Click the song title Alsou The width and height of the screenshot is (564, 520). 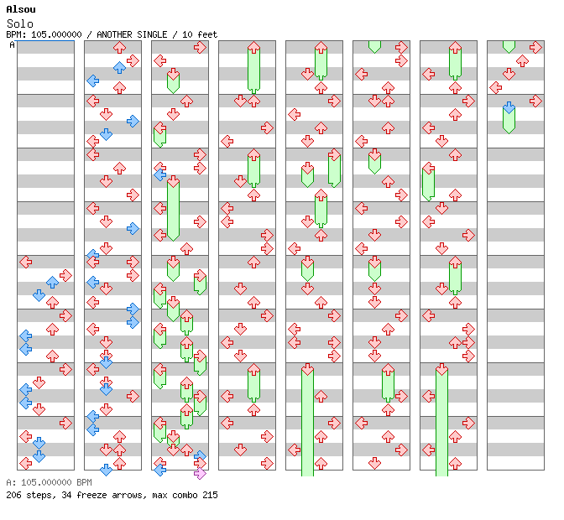tap(20, 9)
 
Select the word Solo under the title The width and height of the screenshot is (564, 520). tap(20, 23)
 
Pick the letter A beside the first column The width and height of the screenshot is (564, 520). tap(12, 45)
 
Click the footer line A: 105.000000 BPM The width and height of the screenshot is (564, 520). tap(48, 483)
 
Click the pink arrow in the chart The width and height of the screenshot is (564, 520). tap(200, 474)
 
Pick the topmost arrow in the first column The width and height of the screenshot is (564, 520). tap(26, 262)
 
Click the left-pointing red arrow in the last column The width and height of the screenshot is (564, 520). tap(496, 87)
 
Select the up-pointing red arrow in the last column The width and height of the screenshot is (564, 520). tap(522, 60)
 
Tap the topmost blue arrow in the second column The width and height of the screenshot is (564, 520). tap(119, 67)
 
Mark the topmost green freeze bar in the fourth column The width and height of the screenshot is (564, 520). tap(253, 69)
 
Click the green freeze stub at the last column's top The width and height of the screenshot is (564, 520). tap(509, 46)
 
